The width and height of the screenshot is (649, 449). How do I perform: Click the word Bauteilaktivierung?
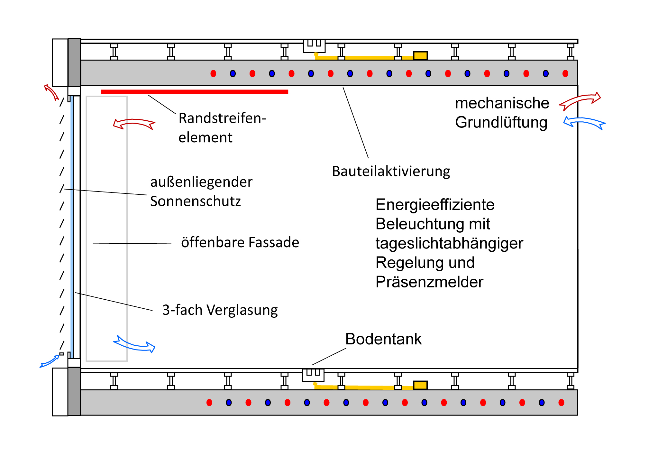coord(391,171)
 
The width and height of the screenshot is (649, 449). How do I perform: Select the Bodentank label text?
coord(383,339)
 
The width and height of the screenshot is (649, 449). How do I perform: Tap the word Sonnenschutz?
coord(195,201)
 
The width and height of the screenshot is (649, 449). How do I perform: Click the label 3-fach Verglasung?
coord(220,310)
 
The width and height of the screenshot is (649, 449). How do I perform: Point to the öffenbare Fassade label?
coord(240,242)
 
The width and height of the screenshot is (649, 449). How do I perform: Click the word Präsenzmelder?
coord(429,282)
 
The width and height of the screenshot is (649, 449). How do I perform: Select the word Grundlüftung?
coord(501,122)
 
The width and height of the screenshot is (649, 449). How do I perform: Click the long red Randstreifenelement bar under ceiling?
coord(194,92)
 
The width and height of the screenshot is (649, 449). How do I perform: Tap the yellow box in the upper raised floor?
coord(420,56)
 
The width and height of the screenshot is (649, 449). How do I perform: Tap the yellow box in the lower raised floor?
coord(420,385)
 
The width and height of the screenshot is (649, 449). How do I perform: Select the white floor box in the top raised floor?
coord(314,46)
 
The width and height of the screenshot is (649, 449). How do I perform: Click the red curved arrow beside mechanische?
coord(580,101)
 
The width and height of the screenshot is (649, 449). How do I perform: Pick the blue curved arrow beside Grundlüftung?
coord(584,123)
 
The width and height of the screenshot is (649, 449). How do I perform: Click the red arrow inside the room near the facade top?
coord(134,123)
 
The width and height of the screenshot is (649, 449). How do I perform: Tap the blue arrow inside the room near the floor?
coord(134,345)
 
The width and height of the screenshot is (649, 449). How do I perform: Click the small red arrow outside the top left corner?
coord(51,92)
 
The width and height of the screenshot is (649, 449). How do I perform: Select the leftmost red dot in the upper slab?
coord(213,74)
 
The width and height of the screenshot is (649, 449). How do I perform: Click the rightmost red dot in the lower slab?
coord(561,402)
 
